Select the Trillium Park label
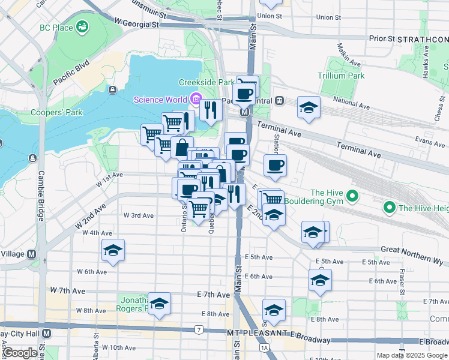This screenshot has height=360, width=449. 342,76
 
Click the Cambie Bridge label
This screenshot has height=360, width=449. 42,187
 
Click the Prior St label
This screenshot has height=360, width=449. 382,38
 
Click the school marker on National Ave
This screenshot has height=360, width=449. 309,108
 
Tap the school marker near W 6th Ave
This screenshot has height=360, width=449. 113,251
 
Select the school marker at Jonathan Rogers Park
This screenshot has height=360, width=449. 159,304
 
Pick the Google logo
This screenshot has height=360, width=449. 20,353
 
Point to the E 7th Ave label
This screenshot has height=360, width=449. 213,295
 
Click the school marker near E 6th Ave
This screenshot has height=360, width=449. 320,280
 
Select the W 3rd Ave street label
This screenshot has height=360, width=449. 139,215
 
